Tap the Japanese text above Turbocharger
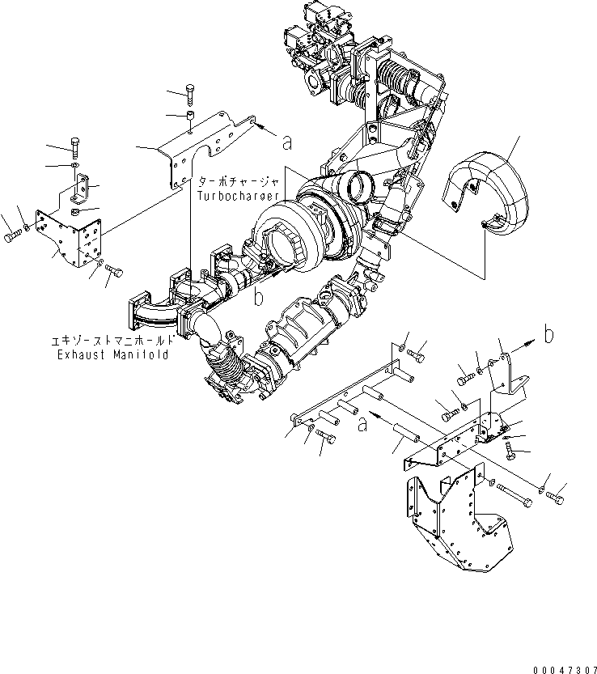click(239, 183)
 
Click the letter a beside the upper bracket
click(286, 142)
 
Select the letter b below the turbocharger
click(258, 298)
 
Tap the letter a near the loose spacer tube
click(363, 422)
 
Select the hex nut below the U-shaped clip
click(75, 213)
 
